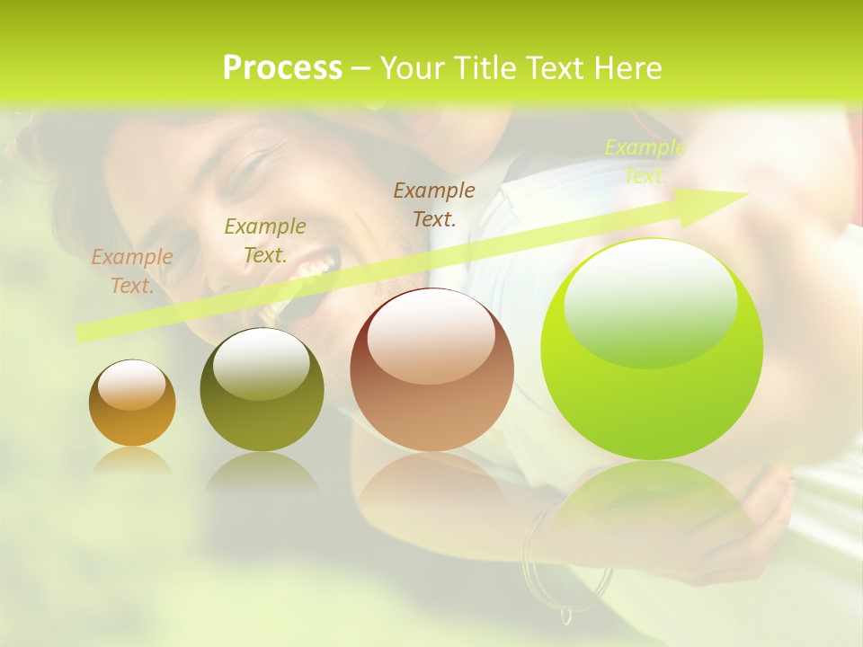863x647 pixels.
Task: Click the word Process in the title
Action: tap(282, 68)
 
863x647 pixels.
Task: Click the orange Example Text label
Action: tap(131, 271)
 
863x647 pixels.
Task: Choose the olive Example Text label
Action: tap(264, 241)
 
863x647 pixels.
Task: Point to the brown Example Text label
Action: tap(434, 204)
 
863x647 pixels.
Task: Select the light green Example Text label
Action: tap(645, 162)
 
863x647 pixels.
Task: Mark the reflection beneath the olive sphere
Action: tap(262, 472)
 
